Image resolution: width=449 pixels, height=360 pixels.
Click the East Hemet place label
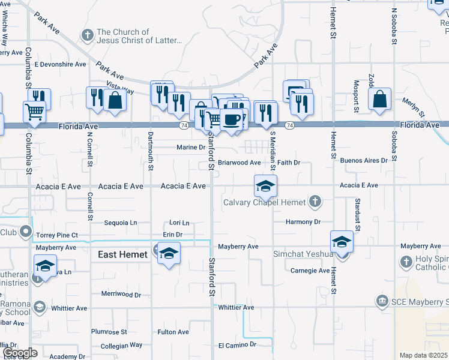click(122, 254)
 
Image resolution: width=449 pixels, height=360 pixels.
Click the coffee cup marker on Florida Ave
click(231, 120)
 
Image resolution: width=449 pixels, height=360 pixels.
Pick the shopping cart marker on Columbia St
click(34, 111)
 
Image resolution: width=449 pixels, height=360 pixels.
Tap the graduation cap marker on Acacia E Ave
click(265, 186)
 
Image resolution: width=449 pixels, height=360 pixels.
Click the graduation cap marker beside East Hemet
click(169, 253)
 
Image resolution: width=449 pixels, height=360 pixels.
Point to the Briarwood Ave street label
click(239, 163)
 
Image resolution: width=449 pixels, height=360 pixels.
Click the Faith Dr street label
click(288, 163)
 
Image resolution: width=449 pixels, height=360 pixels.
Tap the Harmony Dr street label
click(303, 221)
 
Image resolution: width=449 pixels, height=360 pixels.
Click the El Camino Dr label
click(237, 345)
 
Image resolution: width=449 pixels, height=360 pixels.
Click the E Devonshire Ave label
click(61, 64)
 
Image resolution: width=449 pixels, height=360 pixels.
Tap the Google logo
click(19, 353)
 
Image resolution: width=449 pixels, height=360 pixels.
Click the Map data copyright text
click(423, 355)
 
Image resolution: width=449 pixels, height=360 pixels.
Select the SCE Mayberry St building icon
click(381, 300)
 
